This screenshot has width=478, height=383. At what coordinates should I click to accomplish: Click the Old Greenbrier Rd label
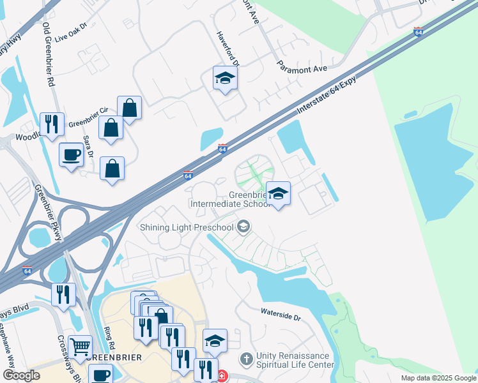point(47,55)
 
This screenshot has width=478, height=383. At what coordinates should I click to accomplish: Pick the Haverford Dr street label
point(228,49)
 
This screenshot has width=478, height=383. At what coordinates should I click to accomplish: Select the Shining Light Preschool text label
point(187,227)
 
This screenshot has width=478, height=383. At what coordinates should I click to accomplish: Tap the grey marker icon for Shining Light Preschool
point(243,227)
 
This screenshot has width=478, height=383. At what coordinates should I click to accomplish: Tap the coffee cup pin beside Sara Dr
point(71,154)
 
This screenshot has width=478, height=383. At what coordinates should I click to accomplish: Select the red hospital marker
point(222,377)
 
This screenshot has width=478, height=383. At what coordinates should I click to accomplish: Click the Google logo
point(21,375)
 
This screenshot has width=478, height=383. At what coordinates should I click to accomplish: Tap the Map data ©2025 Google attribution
point(438,378)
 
